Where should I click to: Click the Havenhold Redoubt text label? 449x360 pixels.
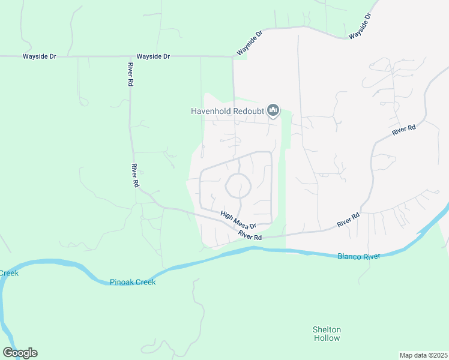click(228, 111)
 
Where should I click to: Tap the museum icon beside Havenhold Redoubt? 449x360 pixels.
click(273, 110)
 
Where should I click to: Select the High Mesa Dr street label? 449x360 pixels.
click(238, 220)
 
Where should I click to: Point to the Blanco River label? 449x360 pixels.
click(358, 257)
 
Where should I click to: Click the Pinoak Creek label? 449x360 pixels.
click(133, 282)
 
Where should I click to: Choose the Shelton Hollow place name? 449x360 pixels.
click(327, 334)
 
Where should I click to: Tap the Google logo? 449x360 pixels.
click(20, 353)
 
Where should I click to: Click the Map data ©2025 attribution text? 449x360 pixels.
click(423, 355)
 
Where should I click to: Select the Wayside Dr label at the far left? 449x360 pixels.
click(40, 56)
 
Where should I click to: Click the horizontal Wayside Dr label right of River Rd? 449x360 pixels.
click(153, 56)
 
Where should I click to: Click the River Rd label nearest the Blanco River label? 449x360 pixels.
click(348, 219)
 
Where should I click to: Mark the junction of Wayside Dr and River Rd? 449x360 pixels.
click(129, 57)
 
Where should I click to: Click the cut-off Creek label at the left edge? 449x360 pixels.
click(9, 273)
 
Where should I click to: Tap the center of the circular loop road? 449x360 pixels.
click(238, 186)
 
